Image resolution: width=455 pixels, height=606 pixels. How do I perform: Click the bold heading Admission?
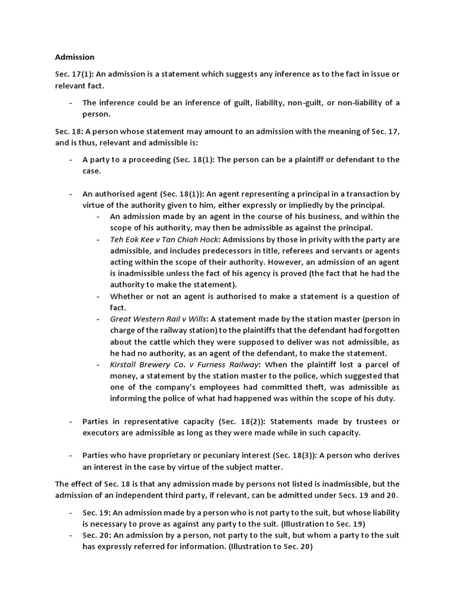tap(75, 57)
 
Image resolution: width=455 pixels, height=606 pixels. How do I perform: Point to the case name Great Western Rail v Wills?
tap(158, 319)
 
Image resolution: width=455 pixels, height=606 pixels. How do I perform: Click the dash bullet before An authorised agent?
tap(71, 194)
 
